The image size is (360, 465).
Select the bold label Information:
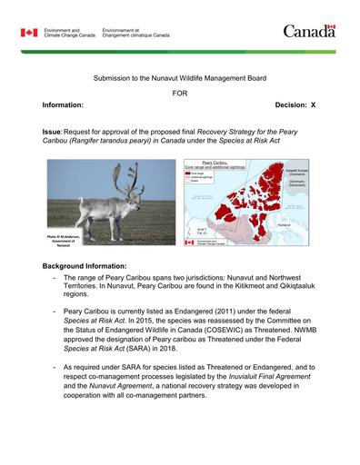pyautogui.click(x=63, y=106)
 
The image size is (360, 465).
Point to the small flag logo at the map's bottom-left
pyautogui.click(x=190, y=242)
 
